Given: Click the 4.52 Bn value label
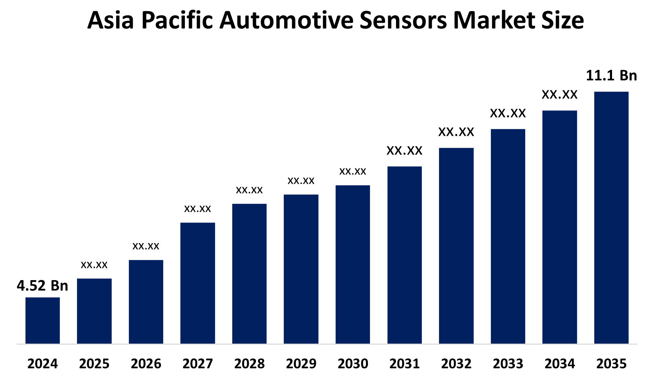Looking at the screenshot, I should (42, 286).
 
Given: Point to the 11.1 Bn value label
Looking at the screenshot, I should (611, 76).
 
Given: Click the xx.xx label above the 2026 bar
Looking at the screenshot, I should (146, 246).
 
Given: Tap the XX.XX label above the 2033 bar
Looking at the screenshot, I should (508, 113).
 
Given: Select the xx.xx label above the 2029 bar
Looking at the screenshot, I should (301, 181).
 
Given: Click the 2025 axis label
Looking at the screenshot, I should (94, 364).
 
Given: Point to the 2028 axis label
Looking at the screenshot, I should (249, 364).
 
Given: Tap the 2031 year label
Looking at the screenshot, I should (404, 364).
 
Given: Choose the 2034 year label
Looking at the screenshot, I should (560, 364).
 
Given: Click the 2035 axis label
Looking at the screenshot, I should (611, 364).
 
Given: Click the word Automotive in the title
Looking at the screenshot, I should (287, 21).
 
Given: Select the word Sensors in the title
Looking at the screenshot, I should (403, 21).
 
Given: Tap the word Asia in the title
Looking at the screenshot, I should (110, 21).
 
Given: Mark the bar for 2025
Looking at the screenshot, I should (94, 311).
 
